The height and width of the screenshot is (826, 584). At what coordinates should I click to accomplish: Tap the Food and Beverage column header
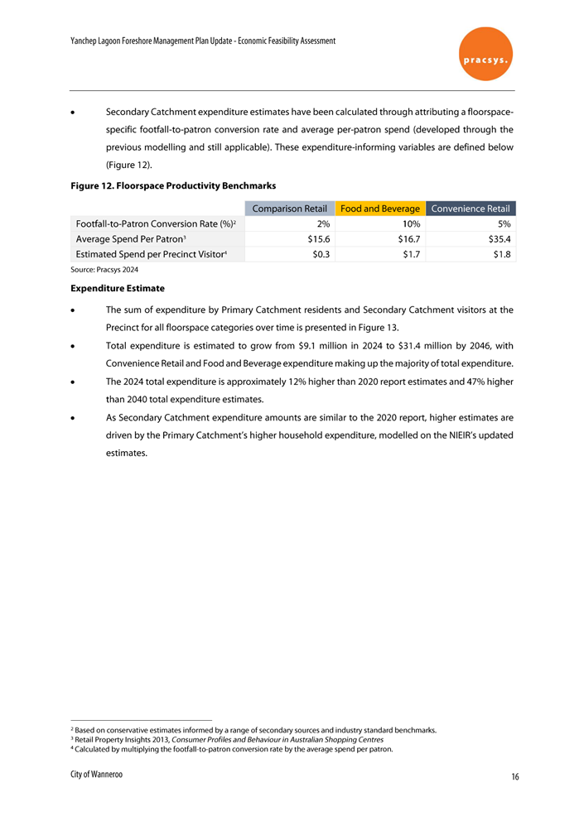[379, 209]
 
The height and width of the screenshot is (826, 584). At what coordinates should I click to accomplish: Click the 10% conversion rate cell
[410, 223]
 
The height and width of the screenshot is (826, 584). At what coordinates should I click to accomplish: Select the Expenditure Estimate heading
[117, 289]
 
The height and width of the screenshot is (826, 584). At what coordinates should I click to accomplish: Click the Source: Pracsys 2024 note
[104, 270]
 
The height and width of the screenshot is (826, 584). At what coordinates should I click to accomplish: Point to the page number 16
[515, 777]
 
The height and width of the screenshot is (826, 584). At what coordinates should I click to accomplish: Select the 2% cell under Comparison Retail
[324, 223]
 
